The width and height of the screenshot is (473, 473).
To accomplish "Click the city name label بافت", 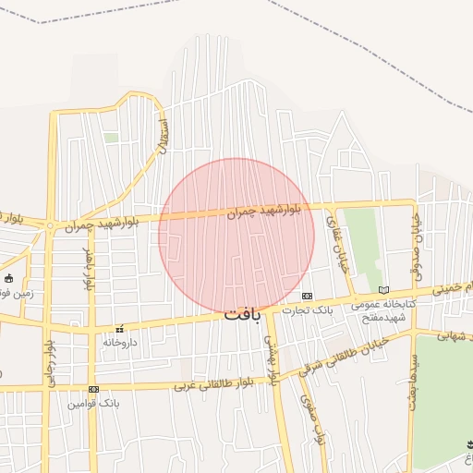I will (243, 314).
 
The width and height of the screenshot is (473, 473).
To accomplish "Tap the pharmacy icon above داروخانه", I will (119, 329).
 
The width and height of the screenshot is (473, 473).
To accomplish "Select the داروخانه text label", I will (119, 342).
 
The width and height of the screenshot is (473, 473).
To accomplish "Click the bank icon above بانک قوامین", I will (93, 390).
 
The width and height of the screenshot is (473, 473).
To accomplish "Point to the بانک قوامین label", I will (93, 404).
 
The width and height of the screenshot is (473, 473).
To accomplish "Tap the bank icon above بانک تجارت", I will (307, 297).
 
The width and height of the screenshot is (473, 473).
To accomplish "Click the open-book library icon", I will (384, 290).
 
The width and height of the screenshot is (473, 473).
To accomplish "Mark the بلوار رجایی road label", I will (48, 364).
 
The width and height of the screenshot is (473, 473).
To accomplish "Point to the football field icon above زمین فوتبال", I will (9, 278).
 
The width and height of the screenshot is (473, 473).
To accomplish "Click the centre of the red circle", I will (236, 236).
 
